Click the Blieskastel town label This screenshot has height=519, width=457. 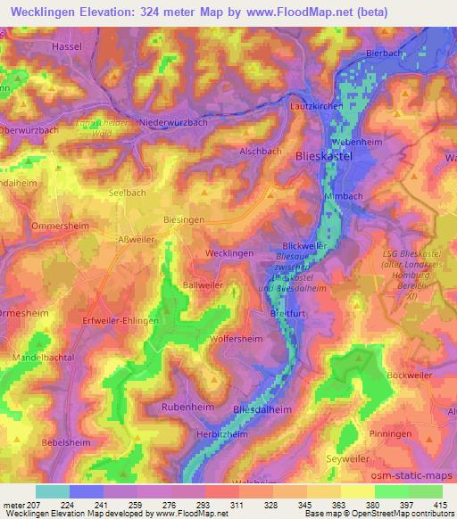[324, 155]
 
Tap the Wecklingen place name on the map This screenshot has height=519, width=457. [228, 253]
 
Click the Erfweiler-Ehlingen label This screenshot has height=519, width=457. [115, 320]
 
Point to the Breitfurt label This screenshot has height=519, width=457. [289, 313]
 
